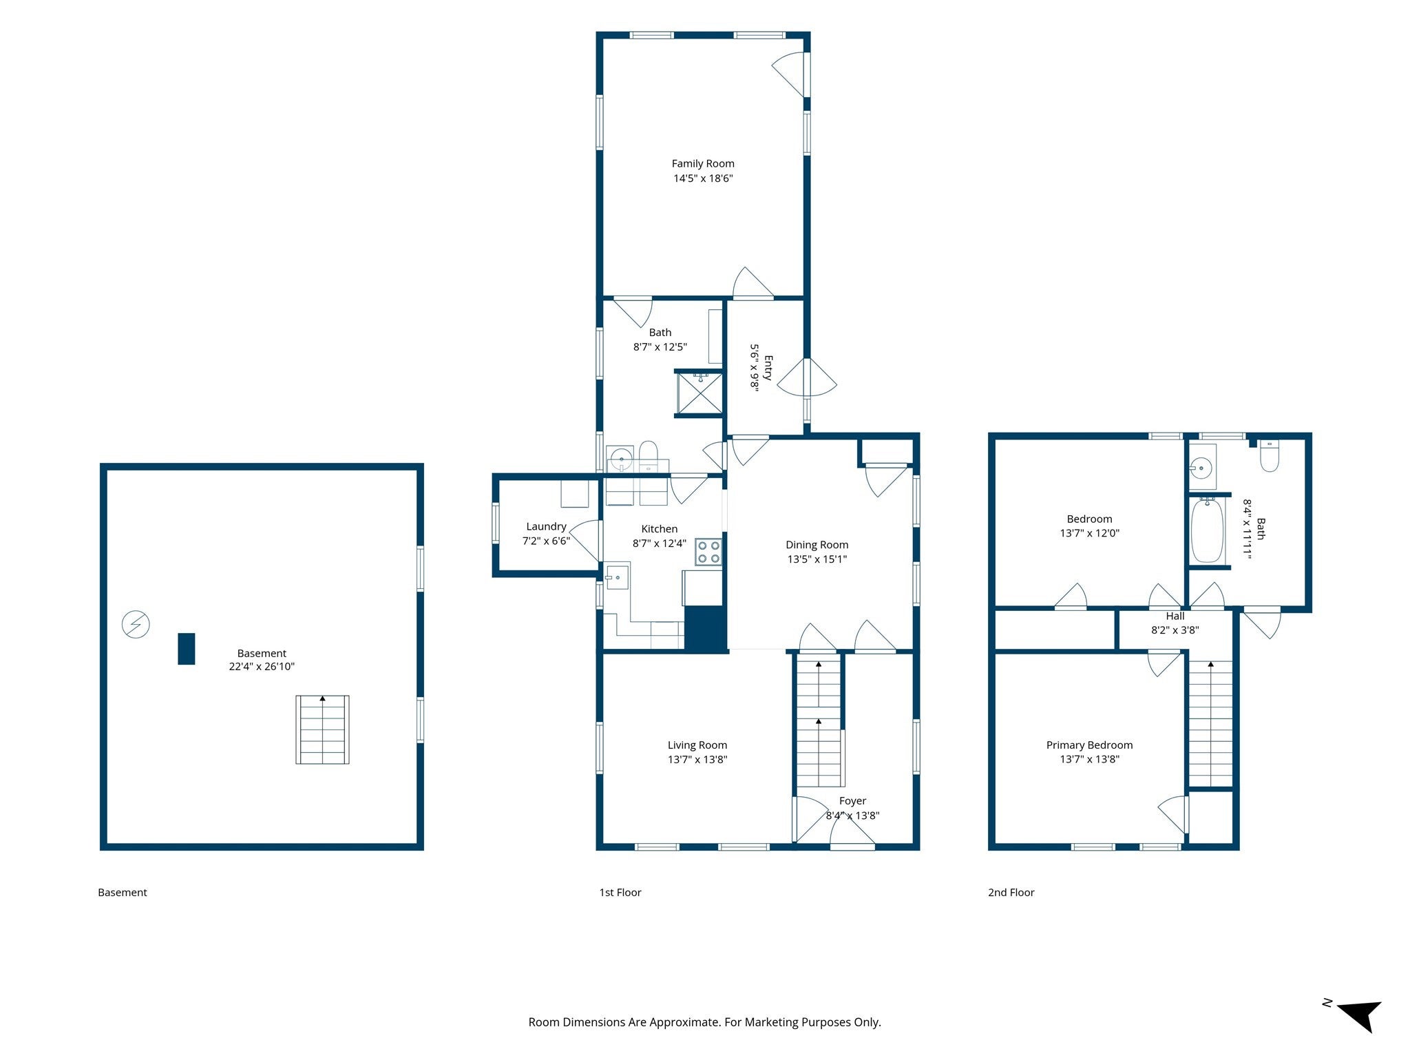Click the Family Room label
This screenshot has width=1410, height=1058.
703,164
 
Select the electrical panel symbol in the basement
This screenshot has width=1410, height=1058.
136,624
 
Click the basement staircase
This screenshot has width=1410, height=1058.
322,729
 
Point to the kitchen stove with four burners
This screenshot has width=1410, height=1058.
708,551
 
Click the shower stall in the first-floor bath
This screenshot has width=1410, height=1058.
700,393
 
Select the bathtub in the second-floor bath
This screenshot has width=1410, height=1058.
1207,530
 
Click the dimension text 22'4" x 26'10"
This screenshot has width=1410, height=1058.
262,667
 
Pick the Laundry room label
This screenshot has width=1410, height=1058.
546,527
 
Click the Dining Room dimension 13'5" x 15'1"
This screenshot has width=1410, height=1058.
817,559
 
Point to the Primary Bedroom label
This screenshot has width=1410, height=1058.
1089,745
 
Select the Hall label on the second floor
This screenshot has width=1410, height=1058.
1175,616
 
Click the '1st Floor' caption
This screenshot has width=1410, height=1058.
620,893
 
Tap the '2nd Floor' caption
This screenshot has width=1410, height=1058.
1011,893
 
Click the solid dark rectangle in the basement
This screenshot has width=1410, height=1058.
186,649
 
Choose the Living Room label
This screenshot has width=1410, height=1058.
697,745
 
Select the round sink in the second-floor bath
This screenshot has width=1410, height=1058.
1201,469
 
